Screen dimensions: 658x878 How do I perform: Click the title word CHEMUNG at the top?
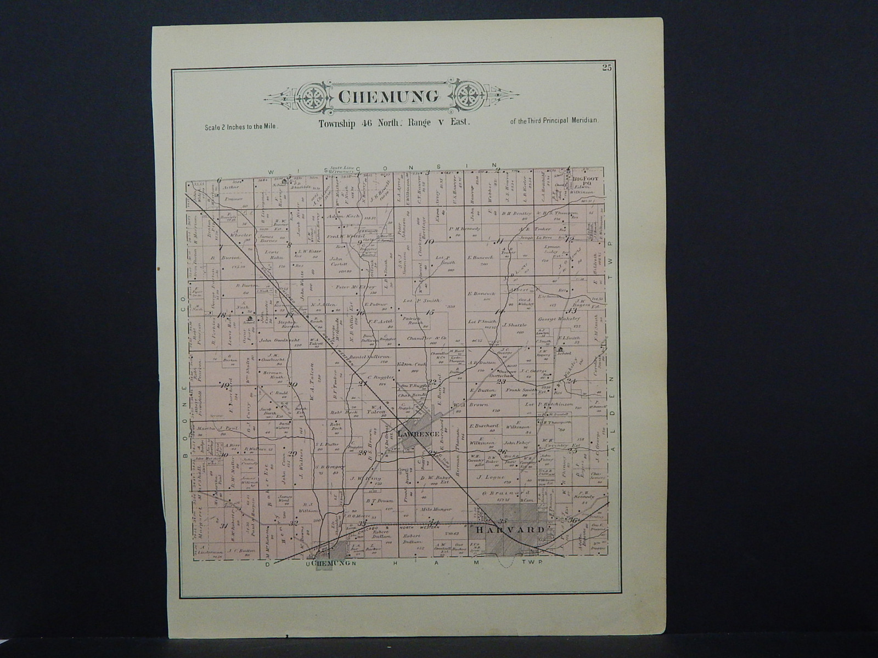(387, 97)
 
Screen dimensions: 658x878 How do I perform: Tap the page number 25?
(606, 68)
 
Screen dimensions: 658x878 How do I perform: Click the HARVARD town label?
(510, 530)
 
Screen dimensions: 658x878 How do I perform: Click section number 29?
(292, 453)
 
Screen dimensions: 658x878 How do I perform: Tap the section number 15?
(430, 313)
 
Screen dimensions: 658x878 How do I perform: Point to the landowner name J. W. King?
(371, 479)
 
